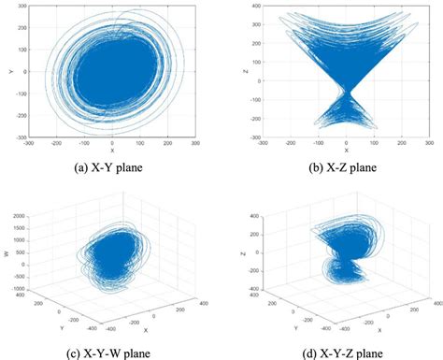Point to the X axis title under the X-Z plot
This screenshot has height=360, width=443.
[347, 150]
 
